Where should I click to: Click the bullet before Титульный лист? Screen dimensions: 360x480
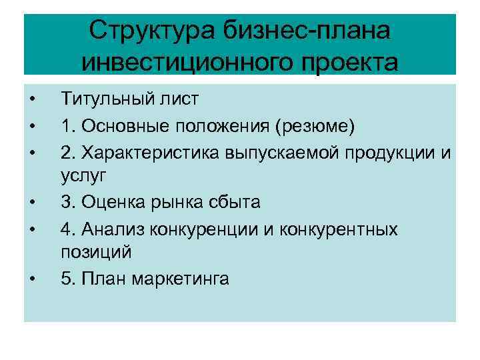31,101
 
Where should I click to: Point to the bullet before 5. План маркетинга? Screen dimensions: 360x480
31,279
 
